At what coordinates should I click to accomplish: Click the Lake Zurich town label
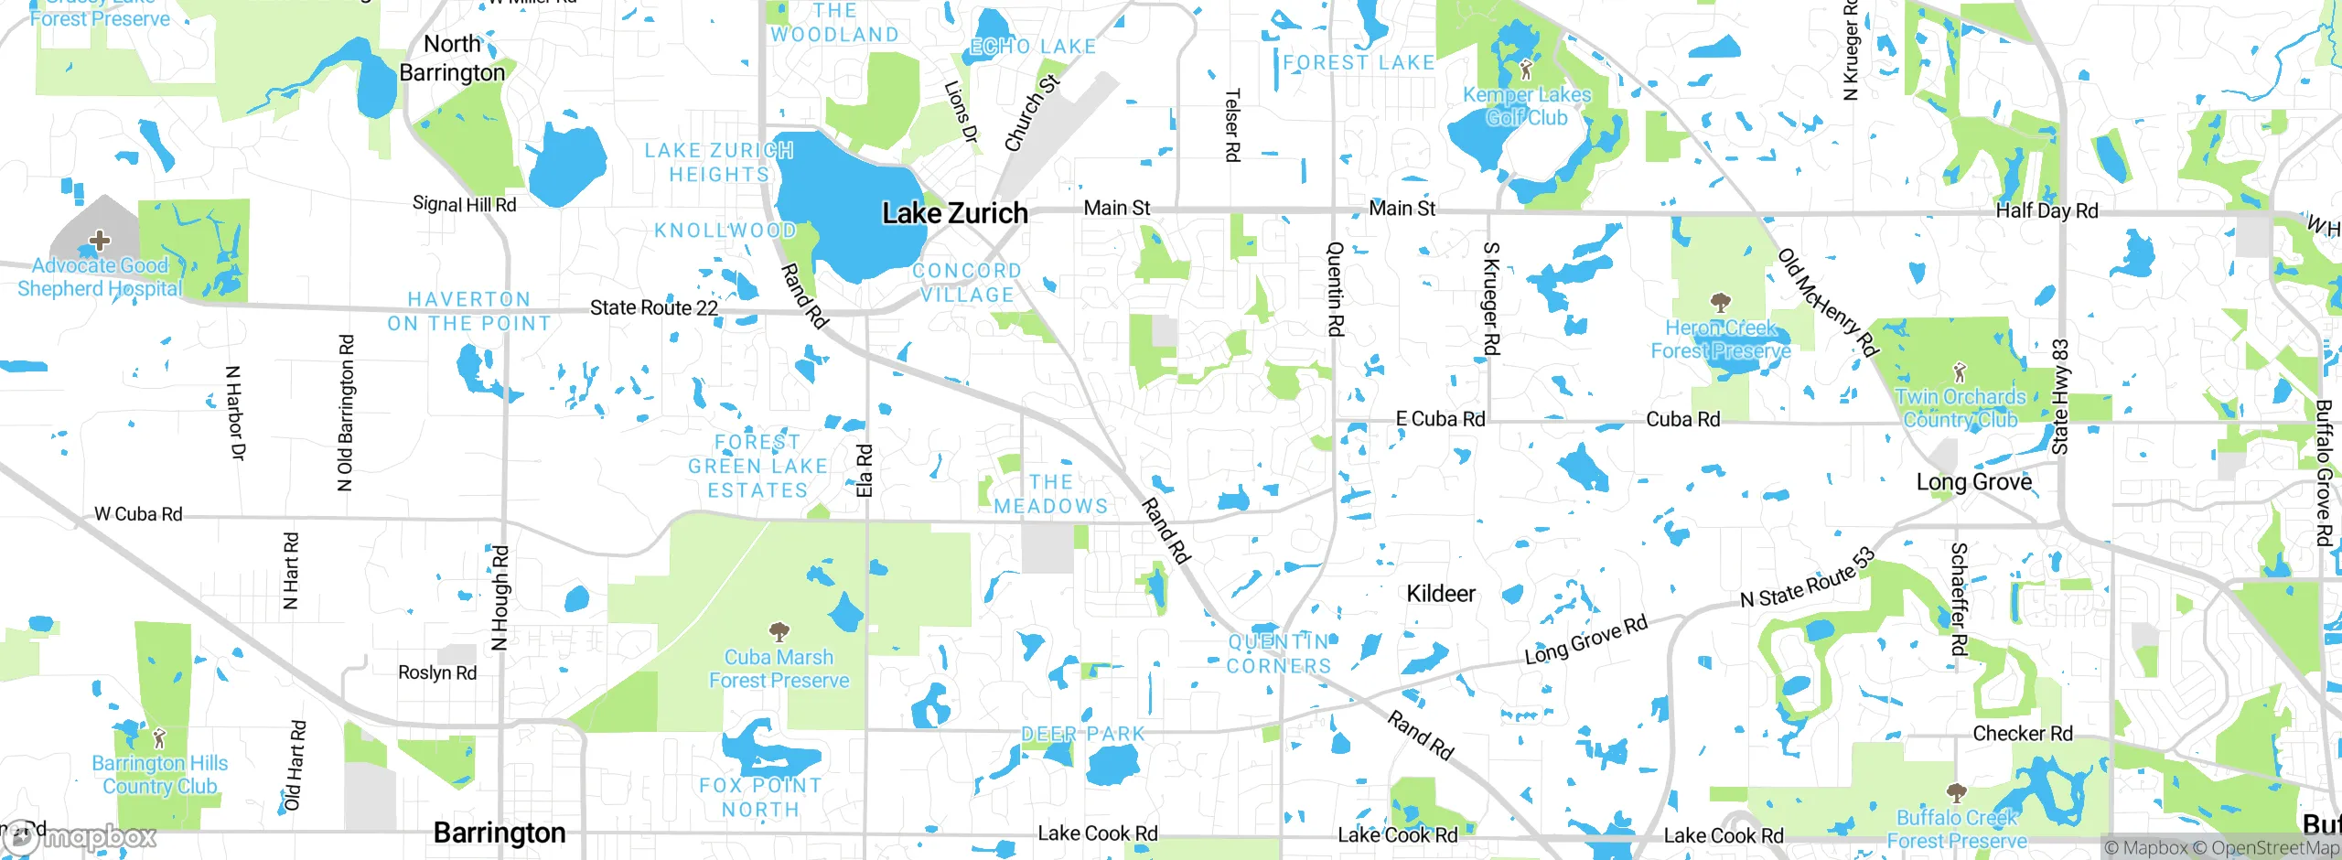coord(954,213)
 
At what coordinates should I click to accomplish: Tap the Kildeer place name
coord(1441,594)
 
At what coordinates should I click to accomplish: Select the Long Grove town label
coord(1974,482)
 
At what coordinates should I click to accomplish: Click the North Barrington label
coord(452,58)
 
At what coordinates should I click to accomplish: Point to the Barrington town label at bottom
coord(500,833)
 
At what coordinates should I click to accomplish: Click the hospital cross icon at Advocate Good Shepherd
coord(99,241)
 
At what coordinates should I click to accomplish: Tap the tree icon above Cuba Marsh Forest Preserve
coord(779,631)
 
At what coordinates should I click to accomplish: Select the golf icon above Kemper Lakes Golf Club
coord(1525,69)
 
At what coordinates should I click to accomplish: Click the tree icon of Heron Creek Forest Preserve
coord(1720,302)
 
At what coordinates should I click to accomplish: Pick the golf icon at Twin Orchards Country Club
coord(1959,372)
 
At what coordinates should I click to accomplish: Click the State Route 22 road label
coord(653,308)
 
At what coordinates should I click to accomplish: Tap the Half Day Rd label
coord(2047,210)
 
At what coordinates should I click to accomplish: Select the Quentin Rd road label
coord(1336,288)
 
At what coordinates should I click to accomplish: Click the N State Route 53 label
coord(1808,577)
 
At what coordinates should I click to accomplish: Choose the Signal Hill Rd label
coord(464,204)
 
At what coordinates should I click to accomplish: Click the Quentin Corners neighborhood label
coord(1279,654)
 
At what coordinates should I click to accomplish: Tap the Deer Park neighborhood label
coord(1083,734)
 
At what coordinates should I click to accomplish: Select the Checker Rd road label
coord(2022,734)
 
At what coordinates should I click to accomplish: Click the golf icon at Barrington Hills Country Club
coord(159,737)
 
